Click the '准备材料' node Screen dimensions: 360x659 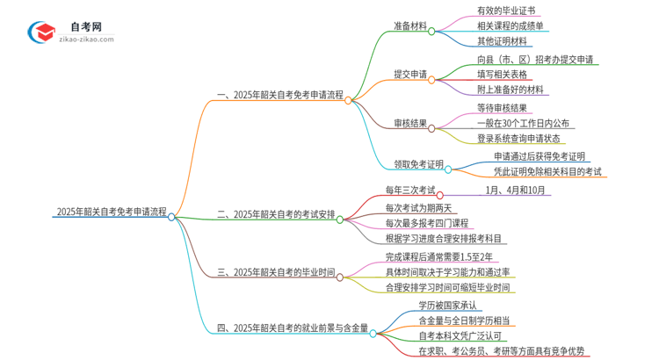[406, 27]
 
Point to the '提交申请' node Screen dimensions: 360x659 [406, 76]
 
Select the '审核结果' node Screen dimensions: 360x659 [406, 124]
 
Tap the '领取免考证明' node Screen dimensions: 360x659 [413, 163]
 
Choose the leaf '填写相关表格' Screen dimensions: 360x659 [510, 76]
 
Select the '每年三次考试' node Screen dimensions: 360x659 [409, 191]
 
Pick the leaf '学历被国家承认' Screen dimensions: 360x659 [448, 306]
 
